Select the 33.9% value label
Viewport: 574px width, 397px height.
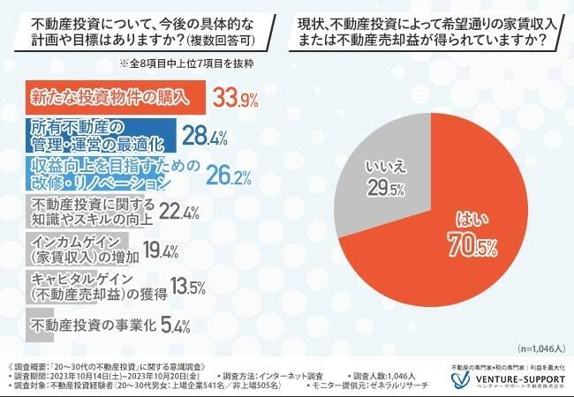click(232, 95)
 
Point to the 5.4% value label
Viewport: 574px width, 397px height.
click(177, 326)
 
